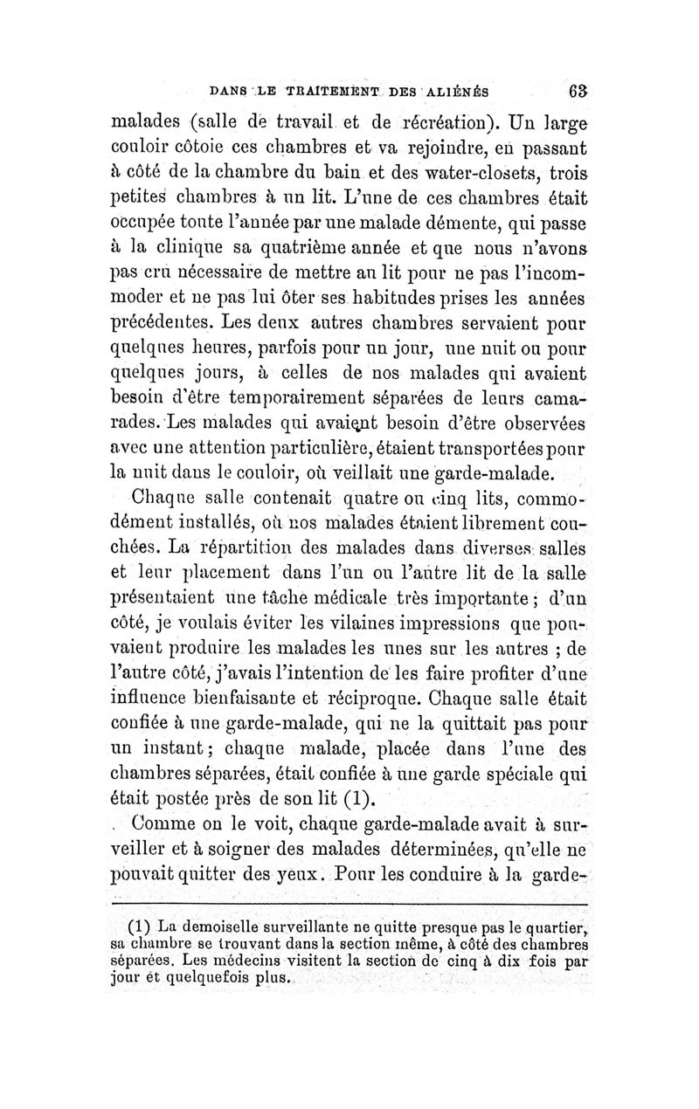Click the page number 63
[576, 90]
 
